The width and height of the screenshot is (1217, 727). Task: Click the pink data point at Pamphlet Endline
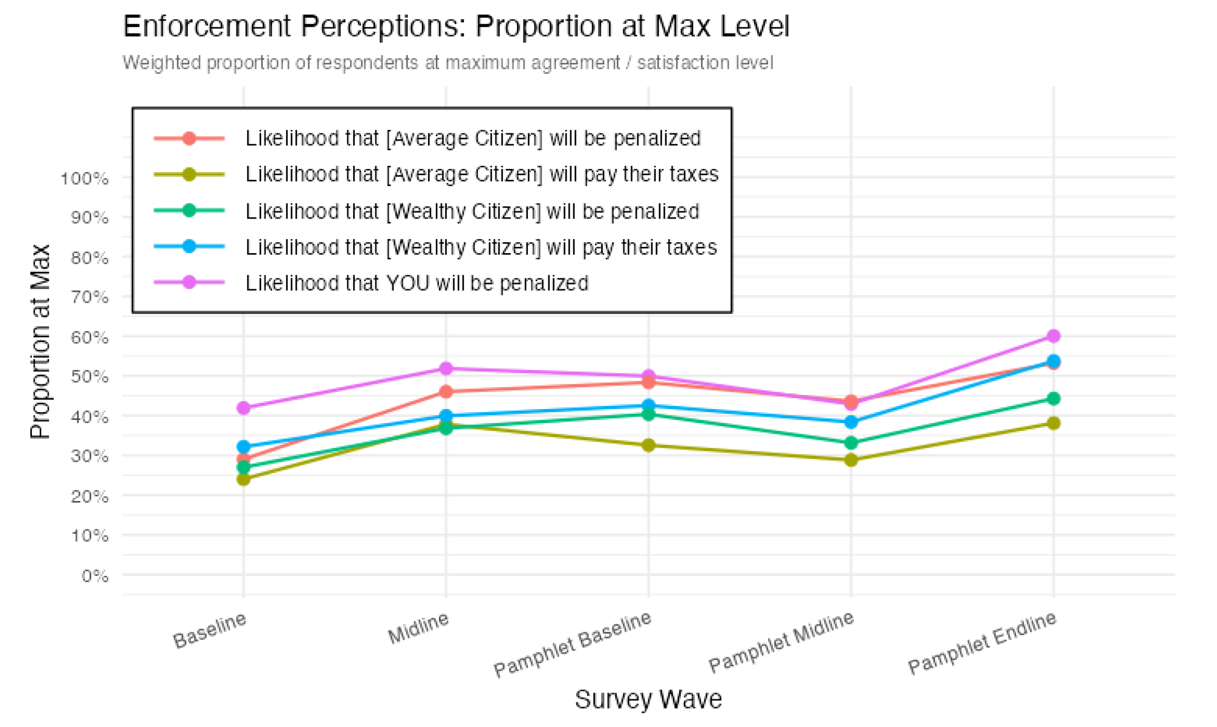pos(1053,336)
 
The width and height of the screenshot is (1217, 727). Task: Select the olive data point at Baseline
pos(243,479)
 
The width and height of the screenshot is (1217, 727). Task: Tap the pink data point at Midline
pos(446,369)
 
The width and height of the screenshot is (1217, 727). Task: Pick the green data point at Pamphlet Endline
pos(1053,399)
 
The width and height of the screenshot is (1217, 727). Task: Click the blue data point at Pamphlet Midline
pos(851,422)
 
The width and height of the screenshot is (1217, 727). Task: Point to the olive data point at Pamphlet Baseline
pos(648,446)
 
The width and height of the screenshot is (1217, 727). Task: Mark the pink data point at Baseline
pos(243,408)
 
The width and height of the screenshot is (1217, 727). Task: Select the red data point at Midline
pos(446,392)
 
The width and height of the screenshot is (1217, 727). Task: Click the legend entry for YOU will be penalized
pos(416,283)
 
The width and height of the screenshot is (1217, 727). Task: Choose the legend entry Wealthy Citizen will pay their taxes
pos(480,247)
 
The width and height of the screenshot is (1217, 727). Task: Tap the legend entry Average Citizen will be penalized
pos(472,138)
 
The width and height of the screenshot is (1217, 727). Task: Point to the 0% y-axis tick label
pos(95,576)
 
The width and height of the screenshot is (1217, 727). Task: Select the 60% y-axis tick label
pos(89,337)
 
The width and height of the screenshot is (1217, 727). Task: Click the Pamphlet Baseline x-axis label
pos(572,644)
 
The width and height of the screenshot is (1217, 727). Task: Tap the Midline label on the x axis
pos(418,628)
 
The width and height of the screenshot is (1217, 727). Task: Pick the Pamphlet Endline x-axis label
pos(982,643)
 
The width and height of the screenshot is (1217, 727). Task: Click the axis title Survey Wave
pos(648,699)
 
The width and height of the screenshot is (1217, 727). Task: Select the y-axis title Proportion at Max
pos(40,341)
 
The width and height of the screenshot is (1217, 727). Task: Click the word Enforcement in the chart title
pos(206,26)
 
